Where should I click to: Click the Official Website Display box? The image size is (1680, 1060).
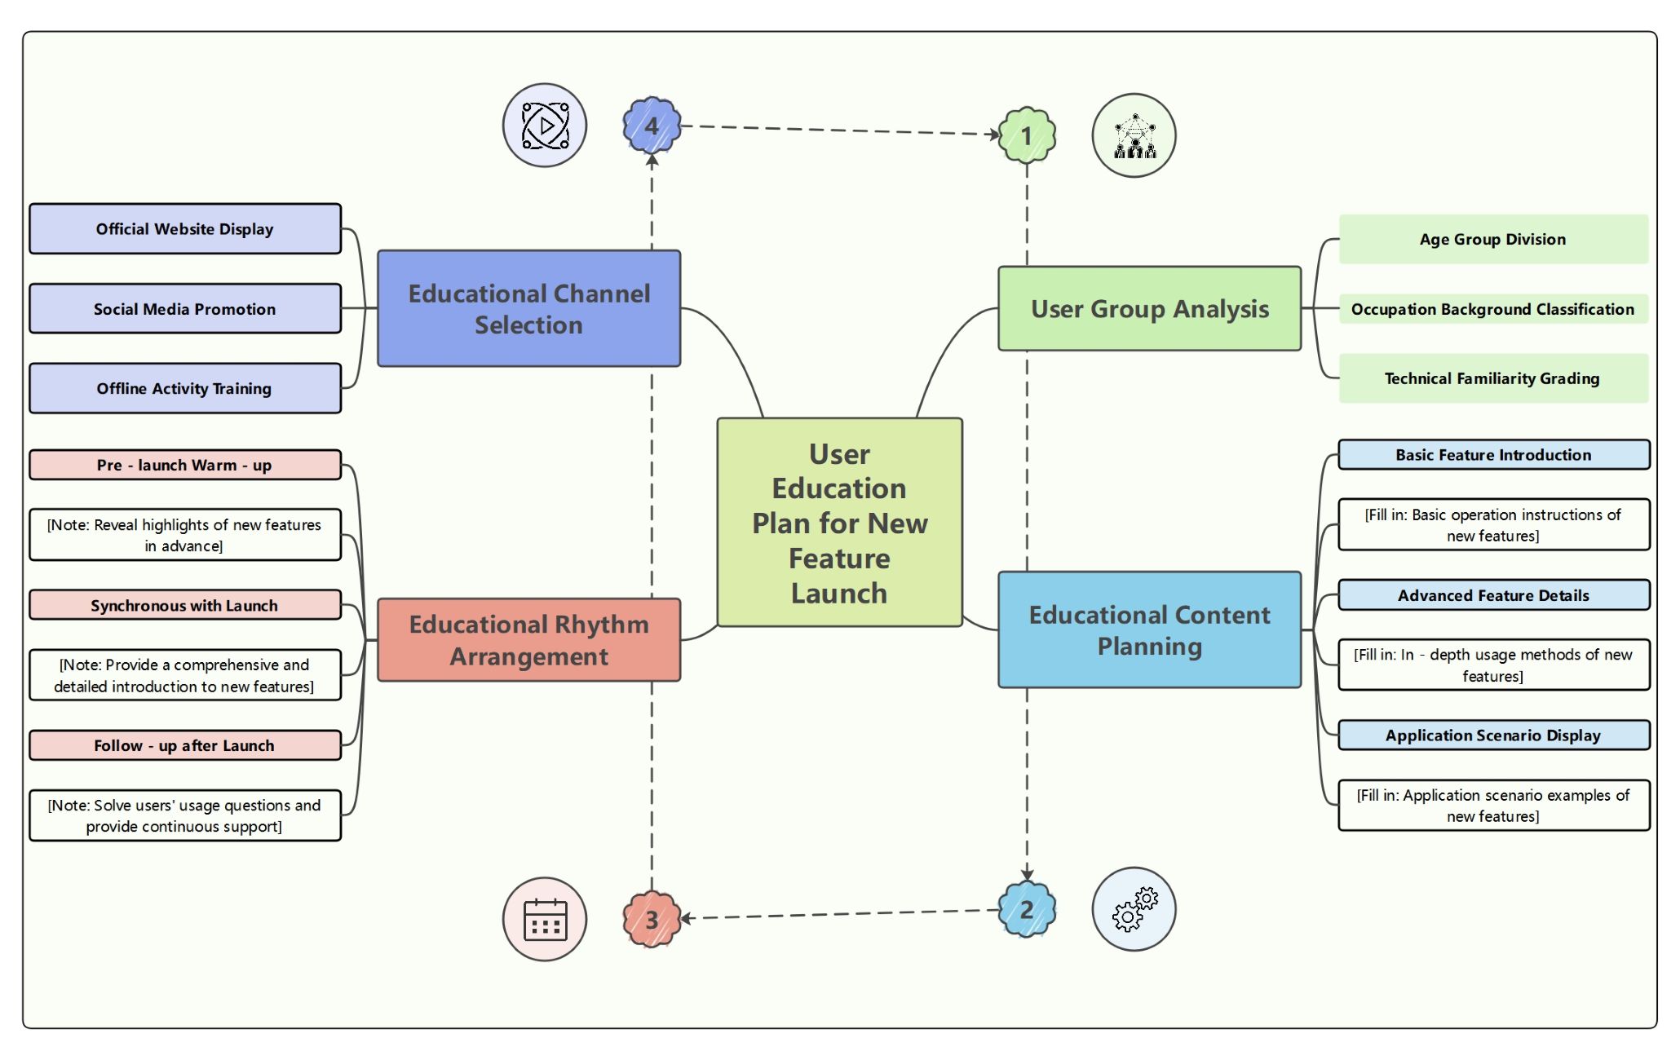pos(185,229)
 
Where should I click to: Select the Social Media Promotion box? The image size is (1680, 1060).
pos(185,309)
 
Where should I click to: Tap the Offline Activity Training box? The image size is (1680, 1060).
pos(185,388)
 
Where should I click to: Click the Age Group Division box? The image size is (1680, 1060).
pos(1492,239)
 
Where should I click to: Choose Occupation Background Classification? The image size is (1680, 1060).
pos(1492,309)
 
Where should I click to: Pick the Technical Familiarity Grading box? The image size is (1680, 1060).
pos(1492,378)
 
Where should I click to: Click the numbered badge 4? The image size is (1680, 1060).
pos(652,126)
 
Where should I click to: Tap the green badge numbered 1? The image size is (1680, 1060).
pos(1027,135)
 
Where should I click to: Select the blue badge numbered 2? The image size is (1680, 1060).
pos(1027,909)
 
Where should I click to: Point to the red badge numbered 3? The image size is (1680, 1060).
pos(652,919)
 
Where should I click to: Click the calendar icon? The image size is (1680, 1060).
pos(545,919)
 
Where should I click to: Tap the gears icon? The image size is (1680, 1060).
pos(1134,909)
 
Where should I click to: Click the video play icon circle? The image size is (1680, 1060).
pos(545,126)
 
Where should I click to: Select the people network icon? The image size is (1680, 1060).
pos(1134,135)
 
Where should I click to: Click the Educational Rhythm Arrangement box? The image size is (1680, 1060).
pos(528,640)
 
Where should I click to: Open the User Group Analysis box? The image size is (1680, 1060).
pos(1149,309)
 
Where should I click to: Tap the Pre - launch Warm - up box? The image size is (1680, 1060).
pos(185,465)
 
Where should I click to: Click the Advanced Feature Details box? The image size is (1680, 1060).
pos(1493,595)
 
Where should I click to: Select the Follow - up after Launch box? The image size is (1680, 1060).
pos(185,745)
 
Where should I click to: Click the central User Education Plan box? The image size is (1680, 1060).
pos(839,523)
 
